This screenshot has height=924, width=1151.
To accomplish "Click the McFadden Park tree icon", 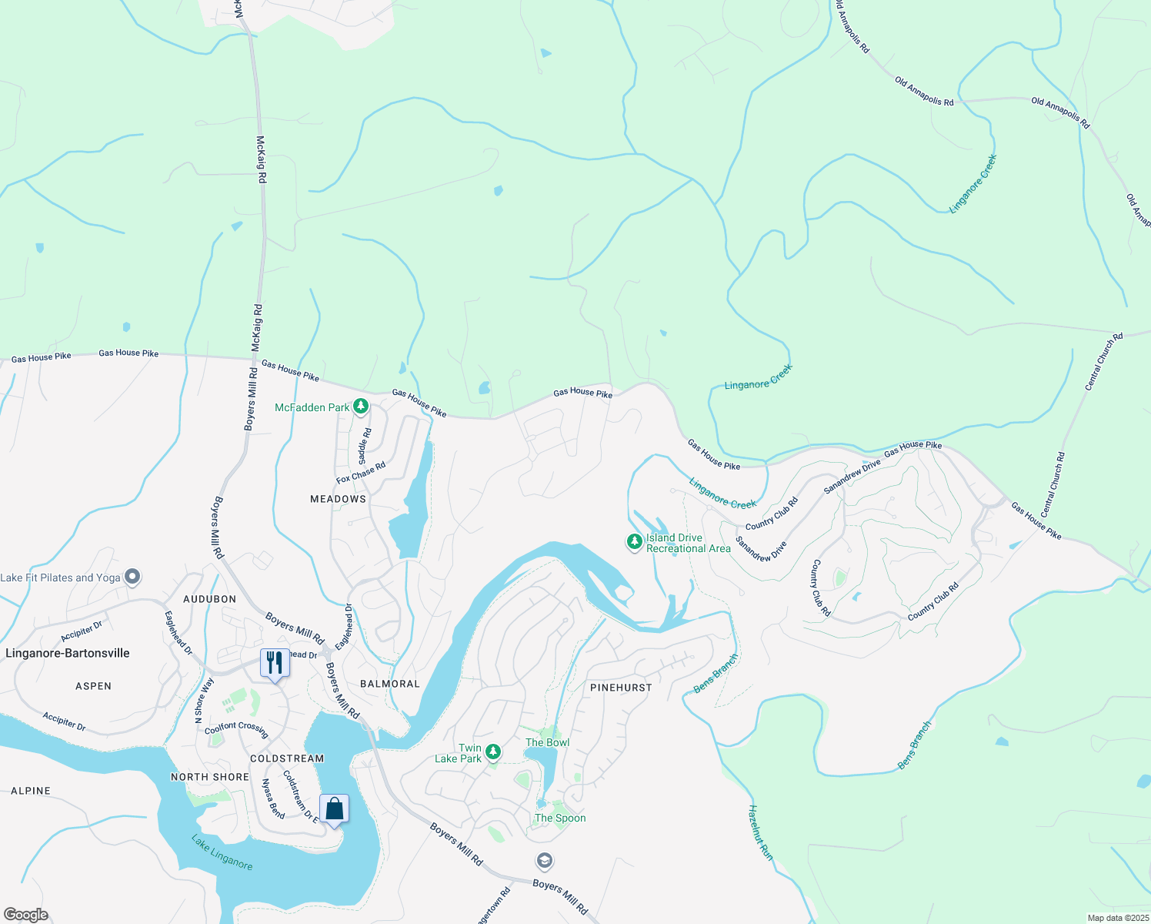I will (360, 407).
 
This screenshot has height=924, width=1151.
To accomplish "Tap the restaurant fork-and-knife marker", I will (275, 663).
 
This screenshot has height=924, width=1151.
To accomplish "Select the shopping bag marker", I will (334, 809).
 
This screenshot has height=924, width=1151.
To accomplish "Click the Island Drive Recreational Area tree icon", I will (634, 542).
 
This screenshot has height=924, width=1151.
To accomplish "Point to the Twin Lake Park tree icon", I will (493, 752).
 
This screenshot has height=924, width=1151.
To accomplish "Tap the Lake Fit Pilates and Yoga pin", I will (132, 577).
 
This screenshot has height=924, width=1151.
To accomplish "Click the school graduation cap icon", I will (544, 860).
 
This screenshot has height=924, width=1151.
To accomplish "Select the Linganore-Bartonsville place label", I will (68, 653).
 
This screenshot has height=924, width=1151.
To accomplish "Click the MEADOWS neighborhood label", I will (338, 499).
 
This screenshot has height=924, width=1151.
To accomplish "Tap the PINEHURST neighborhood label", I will (621, 687).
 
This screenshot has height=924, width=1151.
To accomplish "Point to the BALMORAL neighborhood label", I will (390, 684).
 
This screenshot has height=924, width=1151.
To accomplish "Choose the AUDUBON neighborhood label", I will (210, 598).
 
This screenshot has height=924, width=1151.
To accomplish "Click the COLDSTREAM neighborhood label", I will (287, 758).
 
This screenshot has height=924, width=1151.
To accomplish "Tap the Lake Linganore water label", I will (222, 852).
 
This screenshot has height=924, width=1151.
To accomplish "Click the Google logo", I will (25, 915).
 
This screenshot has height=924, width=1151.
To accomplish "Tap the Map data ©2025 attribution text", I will (1116, 918).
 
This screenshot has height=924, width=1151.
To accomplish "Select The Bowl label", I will (547, 742).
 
